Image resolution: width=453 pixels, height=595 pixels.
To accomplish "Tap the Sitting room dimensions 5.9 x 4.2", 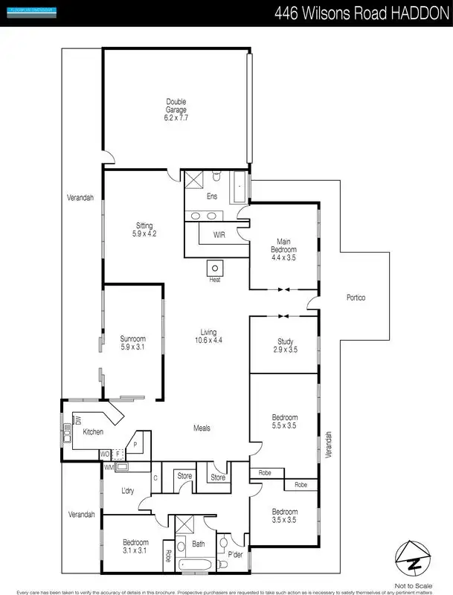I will tap(144, 234).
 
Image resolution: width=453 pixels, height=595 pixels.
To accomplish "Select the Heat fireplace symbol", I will tap(215, 268).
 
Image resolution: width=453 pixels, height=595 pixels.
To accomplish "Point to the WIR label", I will tap(219, 234).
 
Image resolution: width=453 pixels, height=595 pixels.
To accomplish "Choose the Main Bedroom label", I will tap(283, 245).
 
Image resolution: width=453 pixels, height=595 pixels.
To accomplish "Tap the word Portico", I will tap(356, 298).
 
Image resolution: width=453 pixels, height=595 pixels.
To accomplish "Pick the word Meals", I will tap(202, 428).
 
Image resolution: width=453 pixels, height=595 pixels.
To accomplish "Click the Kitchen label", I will tap(93, 432).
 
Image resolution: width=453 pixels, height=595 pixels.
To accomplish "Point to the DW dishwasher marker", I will tap(77, 422).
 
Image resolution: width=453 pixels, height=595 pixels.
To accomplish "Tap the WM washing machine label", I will tap(109, 466).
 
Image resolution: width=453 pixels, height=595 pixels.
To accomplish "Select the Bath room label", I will tap(198, 544).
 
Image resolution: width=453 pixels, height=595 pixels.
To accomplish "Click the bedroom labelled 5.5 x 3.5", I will tap(284, 421).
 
